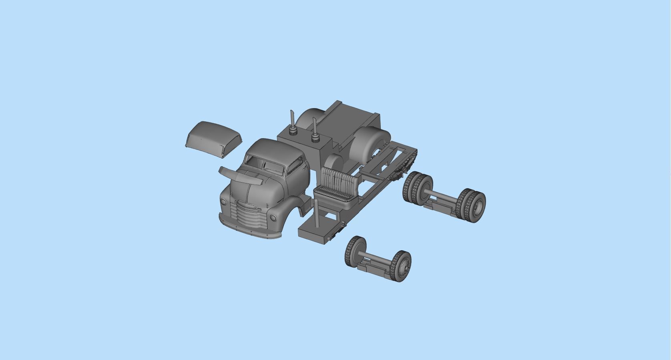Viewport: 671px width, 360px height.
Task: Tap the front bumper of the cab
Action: pyautogui.click(x=248, y=233)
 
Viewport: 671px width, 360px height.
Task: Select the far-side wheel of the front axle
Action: pyautogui.click(x=355, y=251)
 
